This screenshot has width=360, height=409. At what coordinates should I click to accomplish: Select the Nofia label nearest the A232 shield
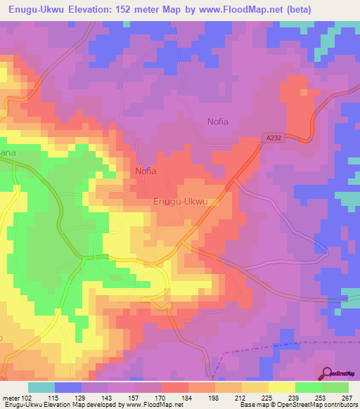(217, 122)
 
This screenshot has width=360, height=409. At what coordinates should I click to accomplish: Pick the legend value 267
(347, 398)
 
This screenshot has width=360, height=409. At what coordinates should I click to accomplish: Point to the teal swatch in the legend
(41, 387)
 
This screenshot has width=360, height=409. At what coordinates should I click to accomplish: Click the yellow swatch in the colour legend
(281, 387)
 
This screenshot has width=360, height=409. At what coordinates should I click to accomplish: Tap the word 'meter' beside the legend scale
(10, 398)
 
